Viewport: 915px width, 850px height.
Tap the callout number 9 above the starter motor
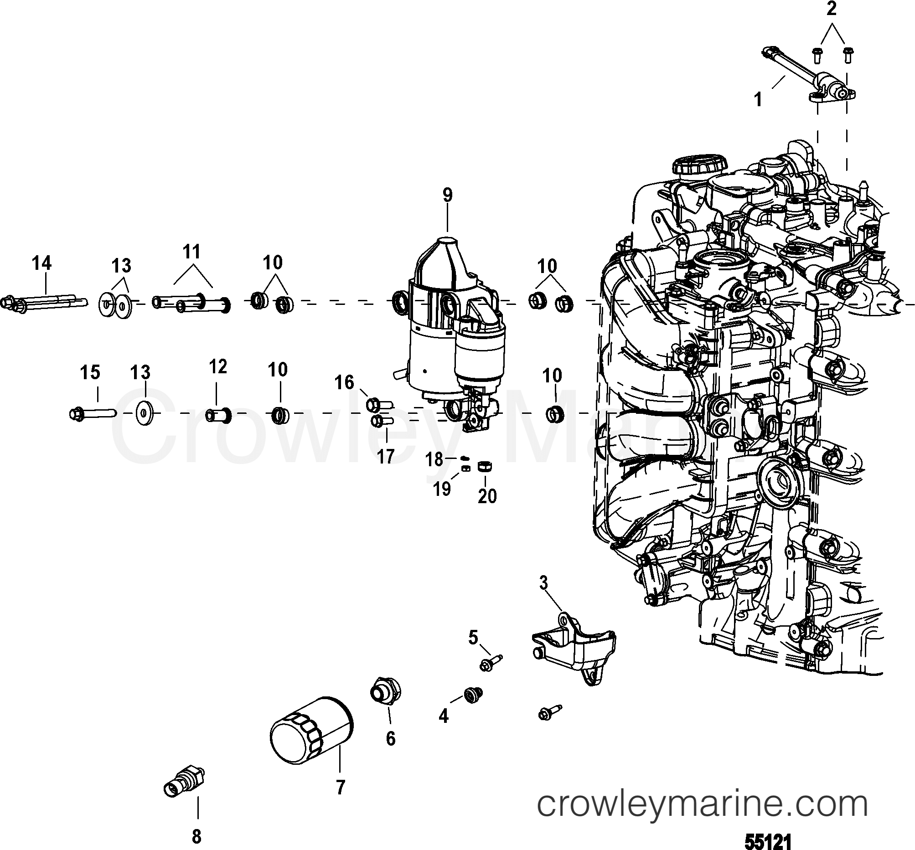pyautogui.click(x=447, y=195)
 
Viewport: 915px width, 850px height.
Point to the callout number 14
pyautogui.click(x=41, y=263)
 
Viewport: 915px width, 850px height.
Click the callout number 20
pyautogui.click(x=487, y=496)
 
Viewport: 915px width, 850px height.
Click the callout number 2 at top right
pyautogui.click(x=831, y=9)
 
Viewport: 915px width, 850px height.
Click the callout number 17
pyautogui.click(x=386, y=457)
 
